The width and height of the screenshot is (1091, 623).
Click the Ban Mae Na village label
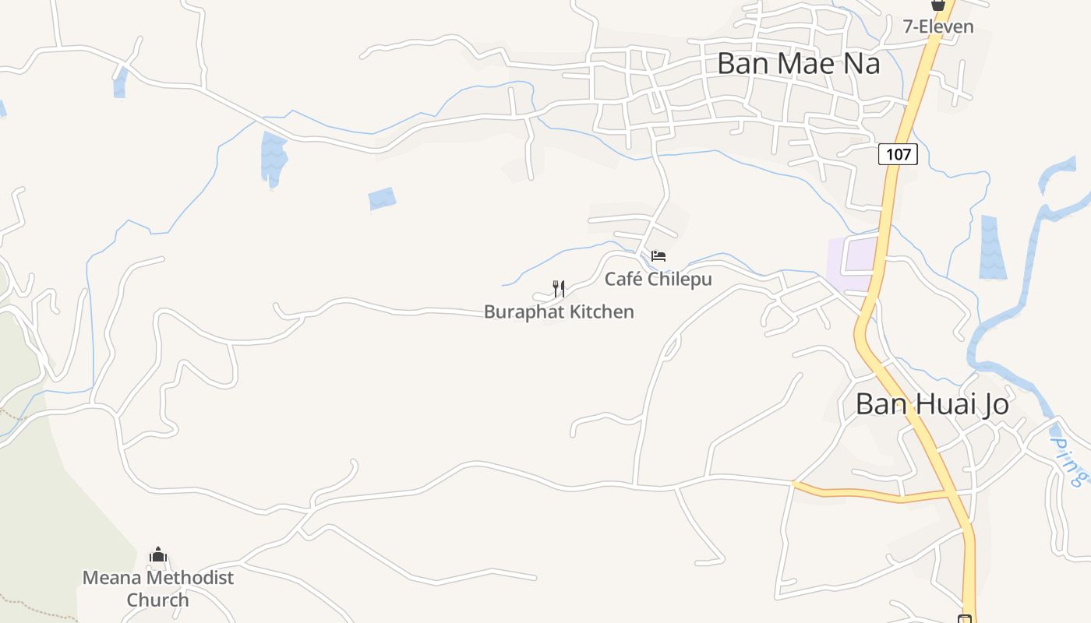click(798, 63)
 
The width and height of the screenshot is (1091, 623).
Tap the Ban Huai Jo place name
click(932, 404)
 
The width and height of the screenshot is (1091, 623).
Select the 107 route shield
click(898, 154)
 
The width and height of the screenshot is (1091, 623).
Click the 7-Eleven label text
click(938, 26)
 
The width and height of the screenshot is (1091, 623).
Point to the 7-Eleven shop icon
click(938, 5)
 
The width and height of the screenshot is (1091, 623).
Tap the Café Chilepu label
click(658, 279)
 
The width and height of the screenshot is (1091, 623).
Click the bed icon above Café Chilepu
click(658, 255)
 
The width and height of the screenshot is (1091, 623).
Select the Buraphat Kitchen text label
click(559, 311)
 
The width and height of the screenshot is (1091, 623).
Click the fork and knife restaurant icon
click(559, 289)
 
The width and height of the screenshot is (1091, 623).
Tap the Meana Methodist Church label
click(158, 589)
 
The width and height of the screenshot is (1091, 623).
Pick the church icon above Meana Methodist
click(158, 555)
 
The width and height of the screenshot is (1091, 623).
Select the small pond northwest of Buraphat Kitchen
click(382, 199)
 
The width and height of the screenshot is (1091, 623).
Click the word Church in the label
click(158, 600)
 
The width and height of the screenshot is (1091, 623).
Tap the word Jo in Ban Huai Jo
click(994, 404)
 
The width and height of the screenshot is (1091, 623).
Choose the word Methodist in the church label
click(189, 578)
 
